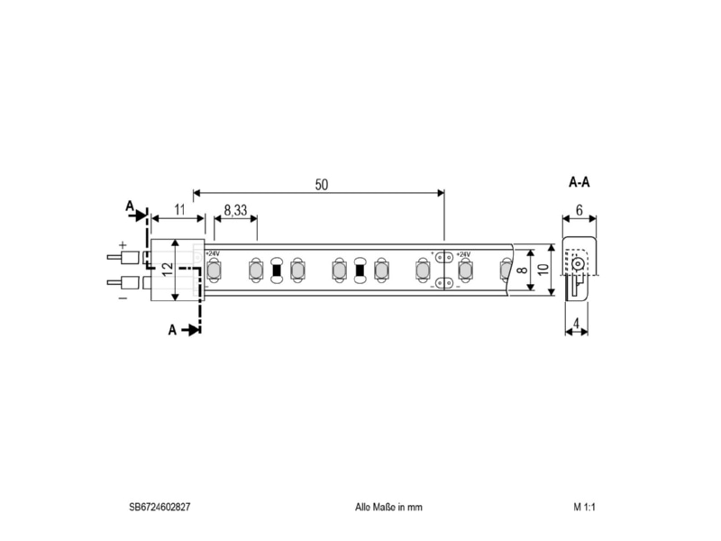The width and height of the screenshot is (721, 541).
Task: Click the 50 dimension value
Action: (322, 185)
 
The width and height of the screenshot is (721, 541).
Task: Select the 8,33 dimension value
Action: (235, 210)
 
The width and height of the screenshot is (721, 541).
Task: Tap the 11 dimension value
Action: (179, 210)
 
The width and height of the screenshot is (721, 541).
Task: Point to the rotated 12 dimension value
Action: (168, 269)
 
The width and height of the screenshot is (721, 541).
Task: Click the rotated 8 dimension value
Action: (523, 270)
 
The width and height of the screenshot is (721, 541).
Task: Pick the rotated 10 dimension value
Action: (543, 270)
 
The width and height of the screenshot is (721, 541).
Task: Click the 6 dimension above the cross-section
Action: (579, 210)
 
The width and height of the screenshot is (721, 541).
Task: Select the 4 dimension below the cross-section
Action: (576, 324)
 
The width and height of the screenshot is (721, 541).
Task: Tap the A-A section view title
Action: (579, 183)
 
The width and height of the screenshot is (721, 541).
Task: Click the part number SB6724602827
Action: (160, 507)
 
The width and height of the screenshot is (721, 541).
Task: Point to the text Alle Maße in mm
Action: (388, 507)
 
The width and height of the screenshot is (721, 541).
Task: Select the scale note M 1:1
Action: (584, 507)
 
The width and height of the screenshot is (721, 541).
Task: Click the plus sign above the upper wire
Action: (123, 244)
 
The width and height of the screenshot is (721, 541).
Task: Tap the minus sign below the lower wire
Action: (123, 298)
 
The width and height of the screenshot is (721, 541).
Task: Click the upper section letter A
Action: (130, 206)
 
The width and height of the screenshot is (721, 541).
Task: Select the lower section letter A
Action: (172, 330)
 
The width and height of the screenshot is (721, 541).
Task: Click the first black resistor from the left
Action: (277, 270)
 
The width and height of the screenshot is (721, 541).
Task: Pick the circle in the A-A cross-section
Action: (577, 264)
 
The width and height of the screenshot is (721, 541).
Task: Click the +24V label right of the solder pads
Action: (463, 254)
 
